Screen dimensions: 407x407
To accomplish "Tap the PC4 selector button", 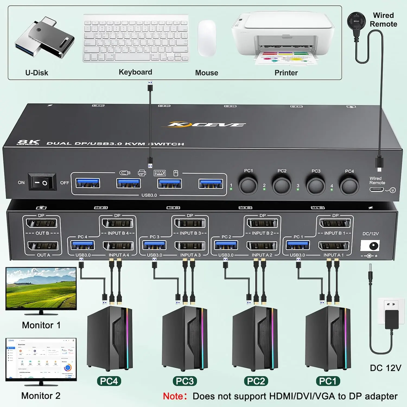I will [349, 186].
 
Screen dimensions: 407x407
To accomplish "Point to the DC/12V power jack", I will [370, 246].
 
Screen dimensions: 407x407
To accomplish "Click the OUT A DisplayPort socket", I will [43, 246].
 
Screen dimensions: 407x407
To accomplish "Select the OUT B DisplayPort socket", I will [42, 223].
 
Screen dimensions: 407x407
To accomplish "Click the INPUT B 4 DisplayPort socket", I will [117, 223].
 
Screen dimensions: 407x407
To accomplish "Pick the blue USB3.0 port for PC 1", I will [298, 245].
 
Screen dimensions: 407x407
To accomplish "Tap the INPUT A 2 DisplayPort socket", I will [262, 246].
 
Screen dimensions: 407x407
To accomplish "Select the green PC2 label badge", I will [256, 381].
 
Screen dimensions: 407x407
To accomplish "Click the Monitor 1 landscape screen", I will [41, 288].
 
